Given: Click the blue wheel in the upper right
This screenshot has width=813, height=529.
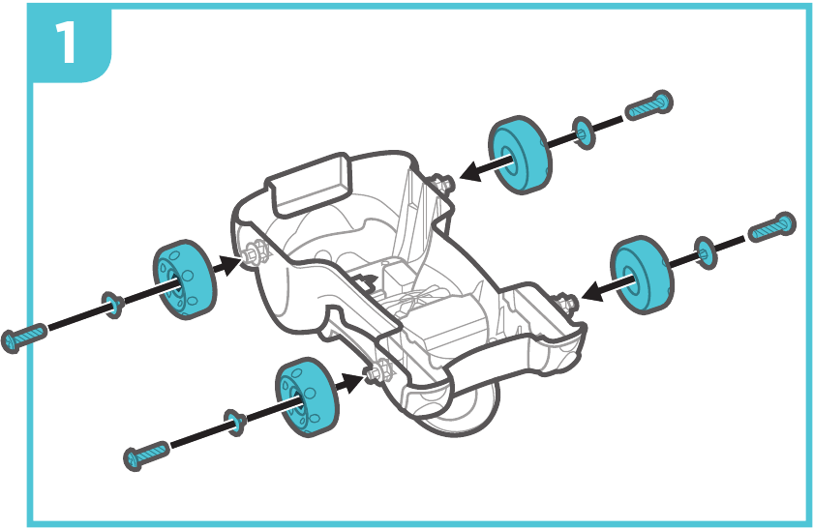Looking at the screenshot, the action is [x=520, y=155].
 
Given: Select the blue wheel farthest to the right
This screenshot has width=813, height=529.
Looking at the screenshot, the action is [x=642, y=275].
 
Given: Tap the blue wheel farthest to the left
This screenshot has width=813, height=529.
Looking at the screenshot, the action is [x=185, y=279].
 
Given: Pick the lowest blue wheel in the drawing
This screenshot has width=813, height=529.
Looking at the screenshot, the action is [x=307, y=397].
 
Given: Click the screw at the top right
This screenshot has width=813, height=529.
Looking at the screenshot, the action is [x=648, y=105].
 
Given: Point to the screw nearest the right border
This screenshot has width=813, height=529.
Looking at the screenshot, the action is [x=771, y=227].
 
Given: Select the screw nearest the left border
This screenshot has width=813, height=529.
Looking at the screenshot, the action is [x=24, y=338].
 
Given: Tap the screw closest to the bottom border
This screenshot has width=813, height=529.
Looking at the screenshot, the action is [x=147, y=455].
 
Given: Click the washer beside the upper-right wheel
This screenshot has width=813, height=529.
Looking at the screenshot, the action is [x=584, y=133].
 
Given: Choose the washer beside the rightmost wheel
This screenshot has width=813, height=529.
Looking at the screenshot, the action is [x=706, y=252].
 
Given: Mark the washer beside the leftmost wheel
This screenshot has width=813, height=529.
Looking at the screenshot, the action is [x=112, y=305].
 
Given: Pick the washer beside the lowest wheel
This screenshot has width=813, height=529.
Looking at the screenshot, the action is [x=235, y=423].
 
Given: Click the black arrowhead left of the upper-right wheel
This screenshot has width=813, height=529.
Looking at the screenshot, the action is [x=472, y=171].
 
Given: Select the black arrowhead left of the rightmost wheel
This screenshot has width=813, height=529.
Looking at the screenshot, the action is [x=594, y=291].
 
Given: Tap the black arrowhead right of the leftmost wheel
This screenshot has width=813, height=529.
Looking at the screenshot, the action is [x=229, y=264].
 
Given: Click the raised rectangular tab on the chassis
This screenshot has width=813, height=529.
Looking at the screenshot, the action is [x=310, y=185].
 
